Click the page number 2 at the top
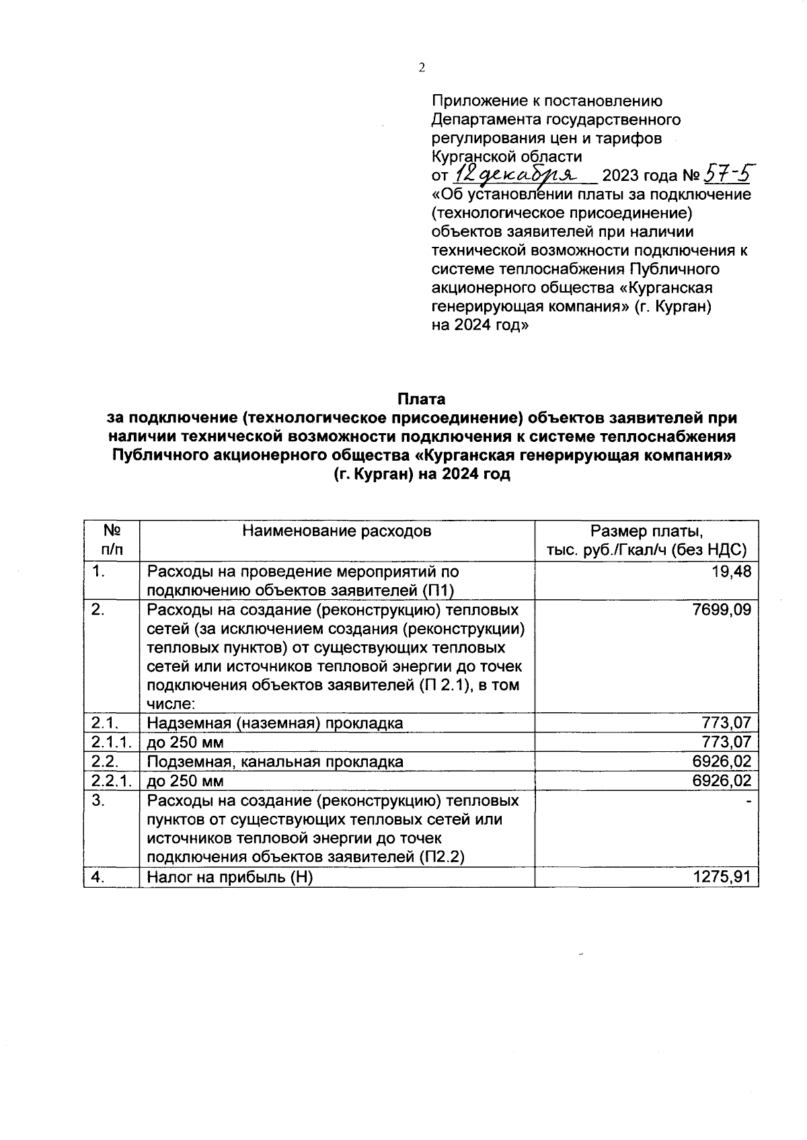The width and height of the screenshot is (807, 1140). point(422,67)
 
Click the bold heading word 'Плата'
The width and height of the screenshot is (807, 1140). point(421,399)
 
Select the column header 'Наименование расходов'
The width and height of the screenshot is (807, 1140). point(336,531)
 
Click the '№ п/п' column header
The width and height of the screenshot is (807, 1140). point(112,540)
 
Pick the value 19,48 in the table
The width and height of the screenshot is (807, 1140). point(734,572)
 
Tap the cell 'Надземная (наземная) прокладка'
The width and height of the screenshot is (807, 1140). point(275,724)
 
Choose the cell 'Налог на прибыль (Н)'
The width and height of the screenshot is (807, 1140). point(230,878)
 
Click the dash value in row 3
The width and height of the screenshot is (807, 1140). point(748,802)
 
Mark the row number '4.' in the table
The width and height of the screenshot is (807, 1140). point(98,877)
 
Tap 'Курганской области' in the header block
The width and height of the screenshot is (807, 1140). point(506,157)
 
